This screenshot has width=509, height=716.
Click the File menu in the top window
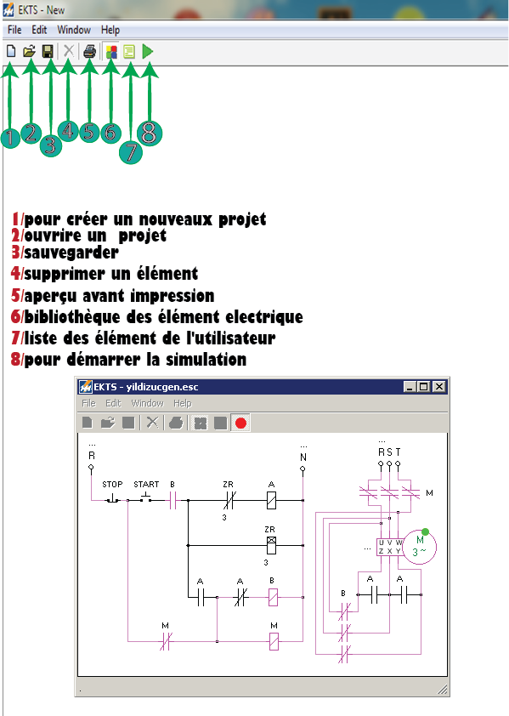[x=14, y=30]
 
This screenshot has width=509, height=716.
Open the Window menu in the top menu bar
[x=74, y=30]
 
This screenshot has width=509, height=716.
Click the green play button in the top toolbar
[x=148, y=52]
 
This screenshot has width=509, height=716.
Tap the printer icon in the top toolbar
[x=89, y=52]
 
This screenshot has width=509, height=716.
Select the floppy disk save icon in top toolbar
[x=48, y=52]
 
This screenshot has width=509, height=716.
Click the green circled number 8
[x=148, y=132]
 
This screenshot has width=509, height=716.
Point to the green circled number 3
[x=51, y=144]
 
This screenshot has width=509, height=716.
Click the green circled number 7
[x=129, y=151]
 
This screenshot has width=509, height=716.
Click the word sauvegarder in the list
[x=71, y=253]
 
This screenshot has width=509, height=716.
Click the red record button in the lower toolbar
[x=240, y=423]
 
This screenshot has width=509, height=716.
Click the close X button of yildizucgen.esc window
[x=438, y=387]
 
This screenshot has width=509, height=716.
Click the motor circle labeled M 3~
[x=419, y=545]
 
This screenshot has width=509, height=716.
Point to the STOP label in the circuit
[x=112, y=485]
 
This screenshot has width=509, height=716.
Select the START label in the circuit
[x=146, y=485]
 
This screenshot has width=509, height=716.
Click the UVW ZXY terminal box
[x=390, y=547]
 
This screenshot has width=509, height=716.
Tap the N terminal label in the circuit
[x=303, y=457]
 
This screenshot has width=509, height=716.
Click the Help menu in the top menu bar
[x=110, y=30]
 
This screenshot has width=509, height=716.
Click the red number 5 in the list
[x=16, y=296]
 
